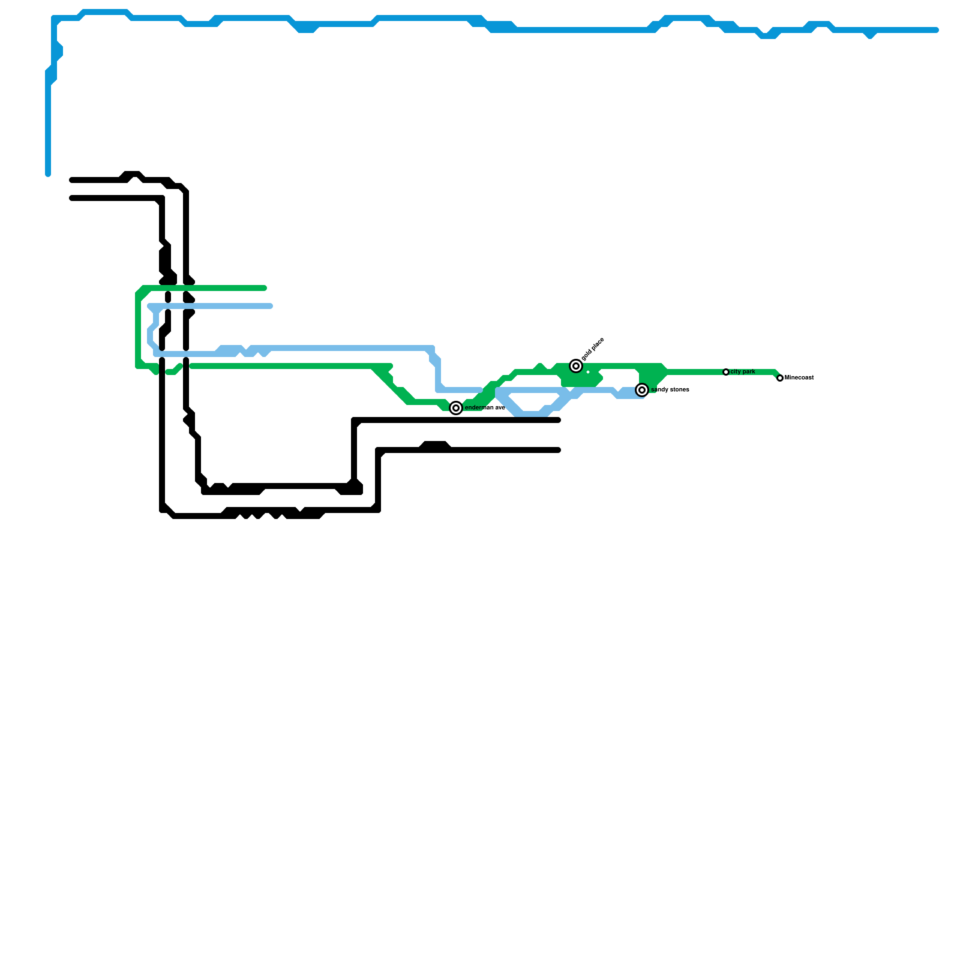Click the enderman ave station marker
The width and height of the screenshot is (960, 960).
456,408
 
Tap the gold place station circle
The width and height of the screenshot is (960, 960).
576,366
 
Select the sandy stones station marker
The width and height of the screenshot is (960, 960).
642,390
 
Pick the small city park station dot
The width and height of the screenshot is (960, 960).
726,372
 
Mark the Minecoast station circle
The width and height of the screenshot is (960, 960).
780,378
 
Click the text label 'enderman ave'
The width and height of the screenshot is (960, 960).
485,408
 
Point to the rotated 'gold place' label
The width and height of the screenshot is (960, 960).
593,349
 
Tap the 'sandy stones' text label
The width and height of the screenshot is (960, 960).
671,390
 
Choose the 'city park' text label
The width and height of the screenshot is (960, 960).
743,372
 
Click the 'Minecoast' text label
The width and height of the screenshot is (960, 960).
800,378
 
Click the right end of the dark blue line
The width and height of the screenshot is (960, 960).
936,30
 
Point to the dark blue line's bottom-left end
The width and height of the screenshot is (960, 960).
48,174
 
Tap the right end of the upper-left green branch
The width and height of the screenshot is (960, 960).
264,288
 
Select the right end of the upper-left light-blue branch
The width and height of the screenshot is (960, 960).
270,306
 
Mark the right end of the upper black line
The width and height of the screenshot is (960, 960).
558,420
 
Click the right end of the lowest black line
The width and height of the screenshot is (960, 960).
558,450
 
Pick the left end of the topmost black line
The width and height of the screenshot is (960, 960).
72,180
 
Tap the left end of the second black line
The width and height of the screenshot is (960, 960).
72,198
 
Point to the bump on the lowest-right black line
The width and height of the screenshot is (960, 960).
435,445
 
